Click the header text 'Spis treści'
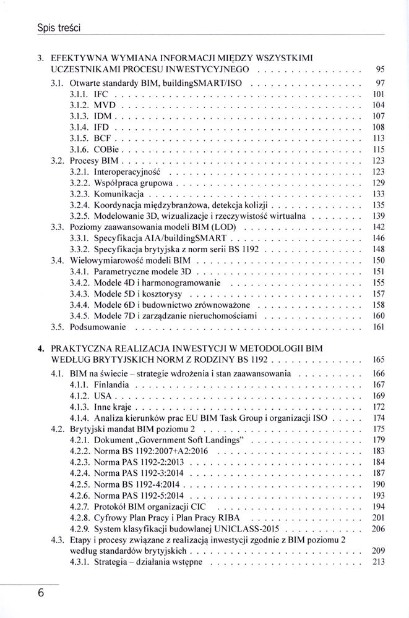60,28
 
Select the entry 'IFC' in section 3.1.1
101,94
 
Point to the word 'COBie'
106,150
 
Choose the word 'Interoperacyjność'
127,171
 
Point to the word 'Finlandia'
112,384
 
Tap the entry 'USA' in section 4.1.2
103,396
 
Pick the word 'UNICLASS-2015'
246,528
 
